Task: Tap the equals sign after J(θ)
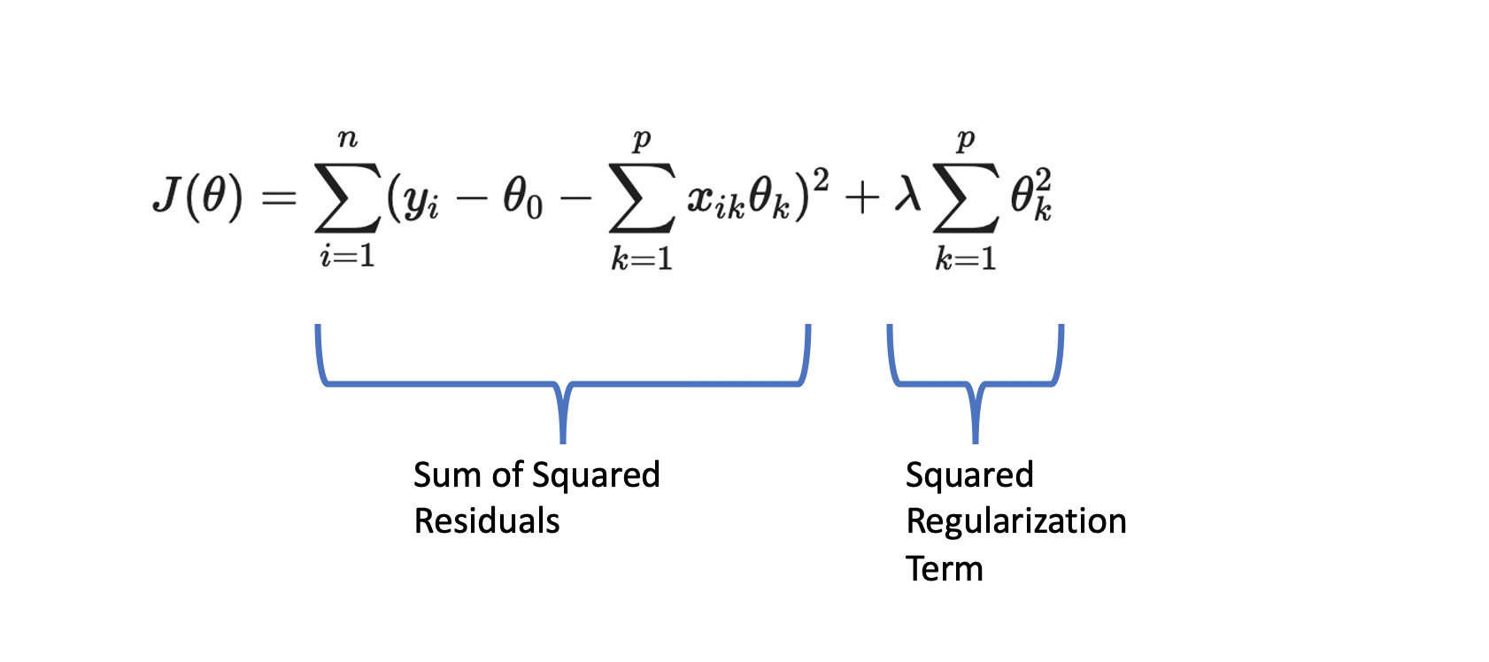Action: [278, 197]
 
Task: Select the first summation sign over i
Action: [347, 197]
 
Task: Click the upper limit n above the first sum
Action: [348, 139]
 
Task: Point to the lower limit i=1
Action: [348, 257]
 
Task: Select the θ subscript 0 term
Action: [522, 198]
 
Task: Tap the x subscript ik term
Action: [715, 200]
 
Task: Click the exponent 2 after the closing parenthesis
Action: [821, 181]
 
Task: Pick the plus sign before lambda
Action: [861, 197]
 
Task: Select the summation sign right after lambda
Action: [965, 197]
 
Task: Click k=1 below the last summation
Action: [966, 258]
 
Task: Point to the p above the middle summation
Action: [642, 140]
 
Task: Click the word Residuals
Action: [487, 521]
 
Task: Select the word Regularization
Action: [1015, 522]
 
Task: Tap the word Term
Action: [944, 568]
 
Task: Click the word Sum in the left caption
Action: [448, 475]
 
